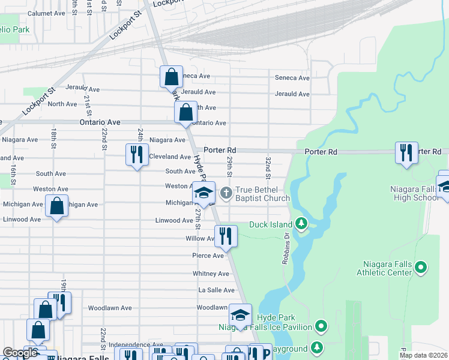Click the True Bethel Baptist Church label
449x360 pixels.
(262, 194)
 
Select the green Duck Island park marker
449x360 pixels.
(301, 225)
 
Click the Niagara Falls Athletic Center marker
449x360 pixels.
(421, 266)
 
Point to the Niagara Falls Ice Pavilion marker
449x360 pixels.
(322, 327)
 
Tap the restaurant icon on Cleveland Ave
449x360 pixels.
(137, 155)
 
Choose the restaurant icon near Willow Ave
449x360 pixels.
(226, 235)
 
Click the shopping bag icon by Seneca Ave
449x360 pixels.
(171, 77)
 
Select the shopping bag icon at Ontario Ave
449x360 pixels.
(185, 112)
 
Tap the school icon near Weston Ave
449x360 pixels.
(203, 192)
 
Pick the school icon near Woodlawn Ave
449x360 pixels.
(240, 317)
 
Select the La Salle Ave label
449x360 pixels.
(217, 290)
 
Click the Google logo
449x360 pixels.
(20, 353)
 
